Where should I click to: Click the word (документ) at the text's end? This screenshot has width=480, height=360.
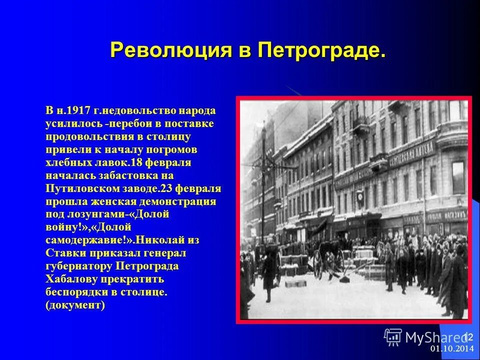coord(75,305)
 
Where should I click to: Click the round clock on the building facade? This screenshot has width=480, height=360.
coord(360,196)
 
